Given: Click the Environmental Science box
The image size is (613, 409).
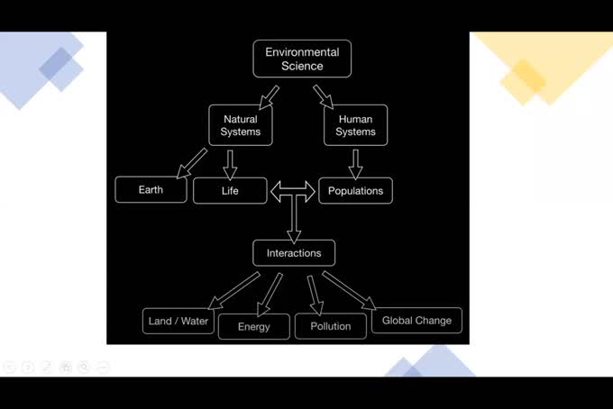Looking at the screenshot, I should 302,59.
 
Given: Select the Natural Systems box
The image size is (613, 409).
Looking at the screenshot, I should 240,125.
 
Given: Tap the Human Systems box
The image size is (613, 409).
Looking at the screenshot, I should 355,125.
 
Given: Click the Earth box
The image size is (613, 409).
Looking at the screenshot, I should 151,190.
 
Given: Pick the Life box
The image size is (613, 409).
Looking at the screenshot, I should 230,191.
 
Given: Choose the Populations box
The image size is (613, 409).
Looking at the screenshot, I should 355,191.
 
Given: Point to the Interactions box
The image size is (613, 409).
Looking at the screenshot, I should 294,253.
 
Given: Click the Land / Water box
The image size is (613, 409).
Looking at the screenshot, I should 178,321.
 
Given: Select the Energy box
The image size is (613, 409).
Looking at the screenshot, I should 253,326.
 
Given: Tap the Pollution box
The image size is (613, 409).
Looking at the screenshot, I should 330,326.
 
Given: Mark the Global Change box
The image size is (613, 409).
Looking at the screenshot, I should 416,320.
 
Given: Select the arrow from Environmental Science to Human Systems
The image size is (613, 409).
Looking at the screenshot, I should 324,95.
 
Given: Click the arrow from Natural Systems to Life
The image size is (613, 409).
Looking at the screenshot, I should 230,162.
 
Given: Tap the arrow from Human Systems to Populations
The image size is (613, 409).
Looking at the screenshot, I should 355,162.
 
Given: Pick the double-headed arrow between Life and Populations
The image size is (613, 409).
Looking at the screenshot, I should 294,191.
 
